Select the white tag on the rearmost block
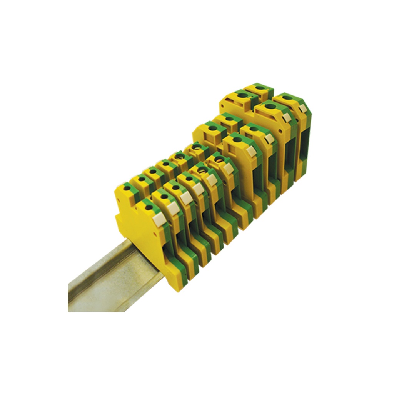tap(303, 108)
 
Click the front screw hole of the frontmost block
tap(149, 207)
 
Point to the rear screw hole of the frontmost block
tap(127, 188)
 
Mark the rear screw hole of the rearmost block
tap(260, 88)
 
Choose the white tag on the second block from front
tap(173, 208)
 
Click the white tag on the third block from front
tap(187, 198)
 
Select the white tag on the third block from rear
tap(269, 138)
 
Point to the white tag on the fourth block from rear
tap(251, 152)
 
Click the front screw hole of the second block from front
tap(164, 197)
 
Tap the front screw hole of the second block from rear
tap(270, 106)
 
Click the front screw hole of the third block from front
tap(176, 188)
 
